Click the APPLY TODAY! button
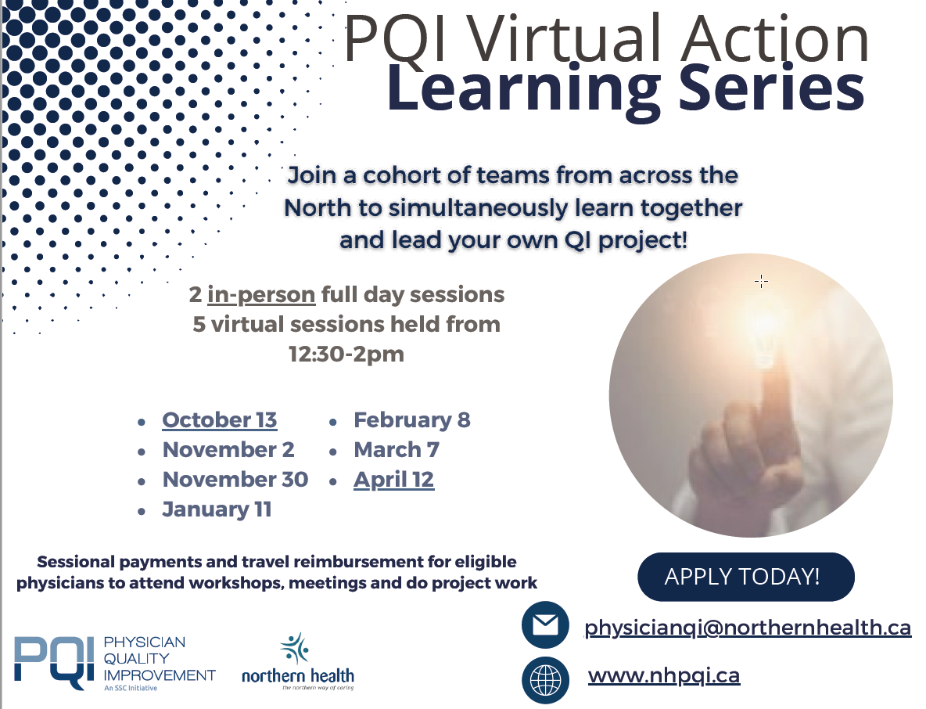coord(746,577)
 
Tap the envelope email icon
coord(545,625)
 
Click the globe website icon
coord(545,680)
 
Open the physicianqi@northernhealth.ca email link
coord(748,628)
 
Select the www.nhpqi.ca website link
coord(664,675)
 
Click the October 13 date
coord(220,420)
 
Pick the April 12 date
coord(394,480)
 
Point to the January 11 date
coord(217,509)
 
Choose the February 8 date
coord(412,420)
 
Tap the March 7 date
coord(397,450)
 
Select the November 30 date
coord(235,479)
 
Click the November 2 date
coord(228,450)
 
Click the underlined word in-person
coord(261,295)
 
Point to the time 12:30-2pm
coord(346,354)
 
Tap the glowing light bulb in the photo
coord(766,334)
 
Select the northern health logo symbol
coord(295,649)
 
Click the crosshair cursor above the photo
coord(761,281)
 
